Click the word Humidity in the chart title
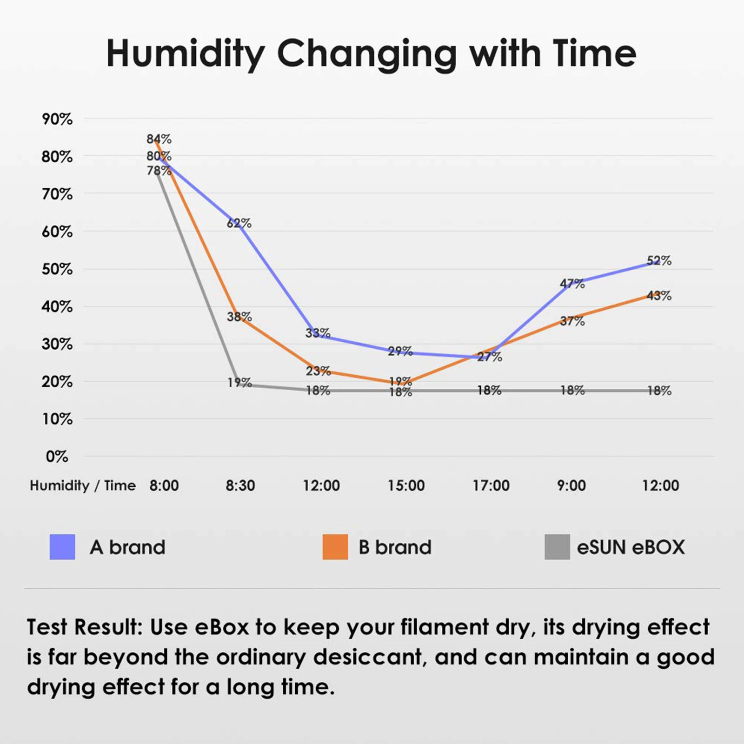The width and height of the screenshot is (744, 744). point(186,54)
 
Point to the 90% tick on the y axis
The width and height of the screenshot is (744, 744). point(57,120)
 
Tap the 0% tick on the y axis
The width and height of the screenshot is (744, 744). point(57,457)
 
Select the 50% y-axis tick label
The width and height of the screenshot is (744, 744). point(57,269)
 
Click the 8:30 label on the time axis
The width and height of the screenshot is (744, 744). point(240,486)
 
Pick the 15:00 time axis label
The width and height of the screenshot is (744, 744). point(406,486)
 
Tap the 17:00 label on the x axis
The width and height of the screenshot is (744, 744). point(491,486)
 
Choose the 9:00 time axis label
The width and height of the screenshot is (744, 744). point(571,486)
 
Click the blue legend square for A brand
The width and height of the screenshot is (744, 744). point(62,547)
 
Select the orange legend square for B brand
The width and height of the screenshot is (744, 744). point(335,547)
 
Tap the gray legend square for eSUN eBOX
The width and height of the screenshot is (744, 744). point(557,547)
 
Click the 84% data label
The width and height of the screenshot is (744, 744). point(159,139)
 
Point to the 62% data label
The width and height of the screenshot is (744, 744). point(239,224)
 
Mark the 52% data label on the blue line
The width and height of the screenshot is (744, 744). point(659,261)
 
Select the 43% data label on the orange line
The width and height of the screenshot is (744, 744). point(659,296)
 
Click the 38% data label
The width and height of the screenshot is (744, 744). point(239,317)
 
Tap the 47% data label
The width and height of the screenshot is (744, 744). point(572,284)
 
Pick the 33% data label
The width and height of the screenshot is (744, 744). point(318,333)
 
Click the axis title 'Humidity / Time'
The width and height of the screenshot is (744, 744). point(83,486)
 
